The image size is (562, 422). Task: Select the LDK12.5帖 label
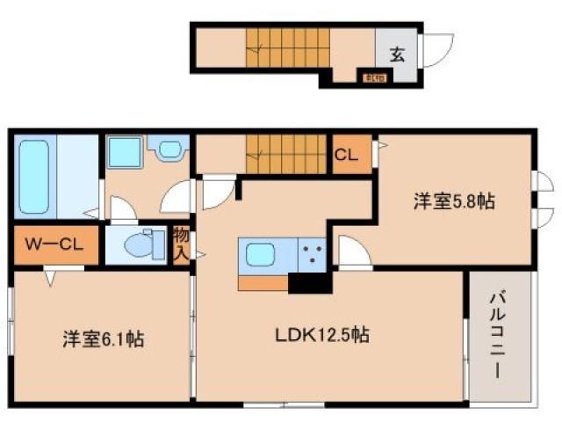click(323, 335)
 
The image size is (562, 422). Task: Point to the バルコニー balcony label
click(498, 334)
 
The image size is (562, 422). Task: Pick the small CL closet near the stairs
click(345, 155)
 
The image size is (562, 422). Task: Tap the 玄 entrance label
click(396, 54)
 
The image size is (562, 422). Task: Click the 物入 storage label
click(181, 244)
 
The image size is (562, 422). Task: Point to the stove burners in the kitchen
click(311, 256)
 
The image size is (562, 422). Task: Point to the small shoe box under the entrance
click(372, 76)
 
